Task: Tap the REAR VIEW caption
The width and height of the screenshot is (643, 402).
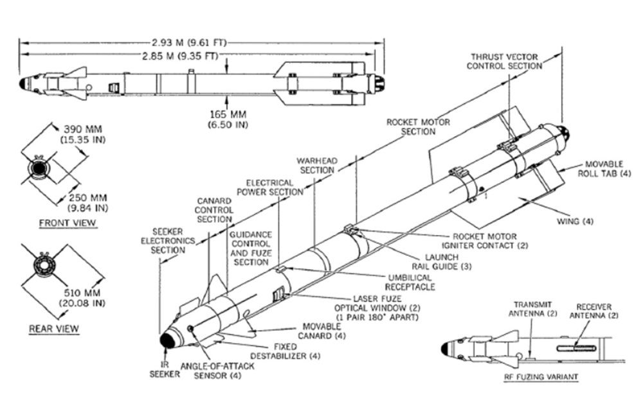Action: (54, 329)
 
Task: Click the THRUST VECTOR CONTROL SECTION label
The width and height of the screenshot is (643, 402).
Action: (504, 62)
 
